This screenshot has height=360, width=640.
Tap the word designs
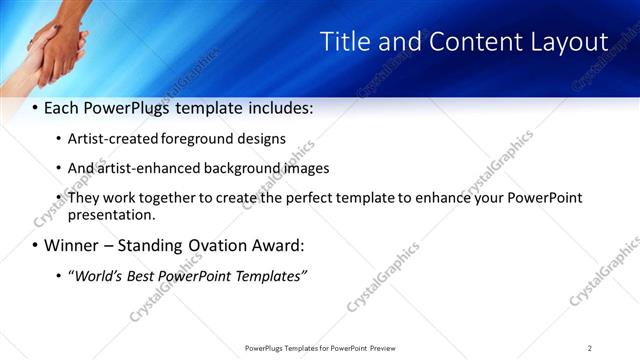tap(258, 139)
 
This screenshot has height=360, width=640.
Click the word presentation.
tap(111, 214)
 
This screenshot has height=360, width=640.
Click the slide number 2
tap(590, 347)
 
